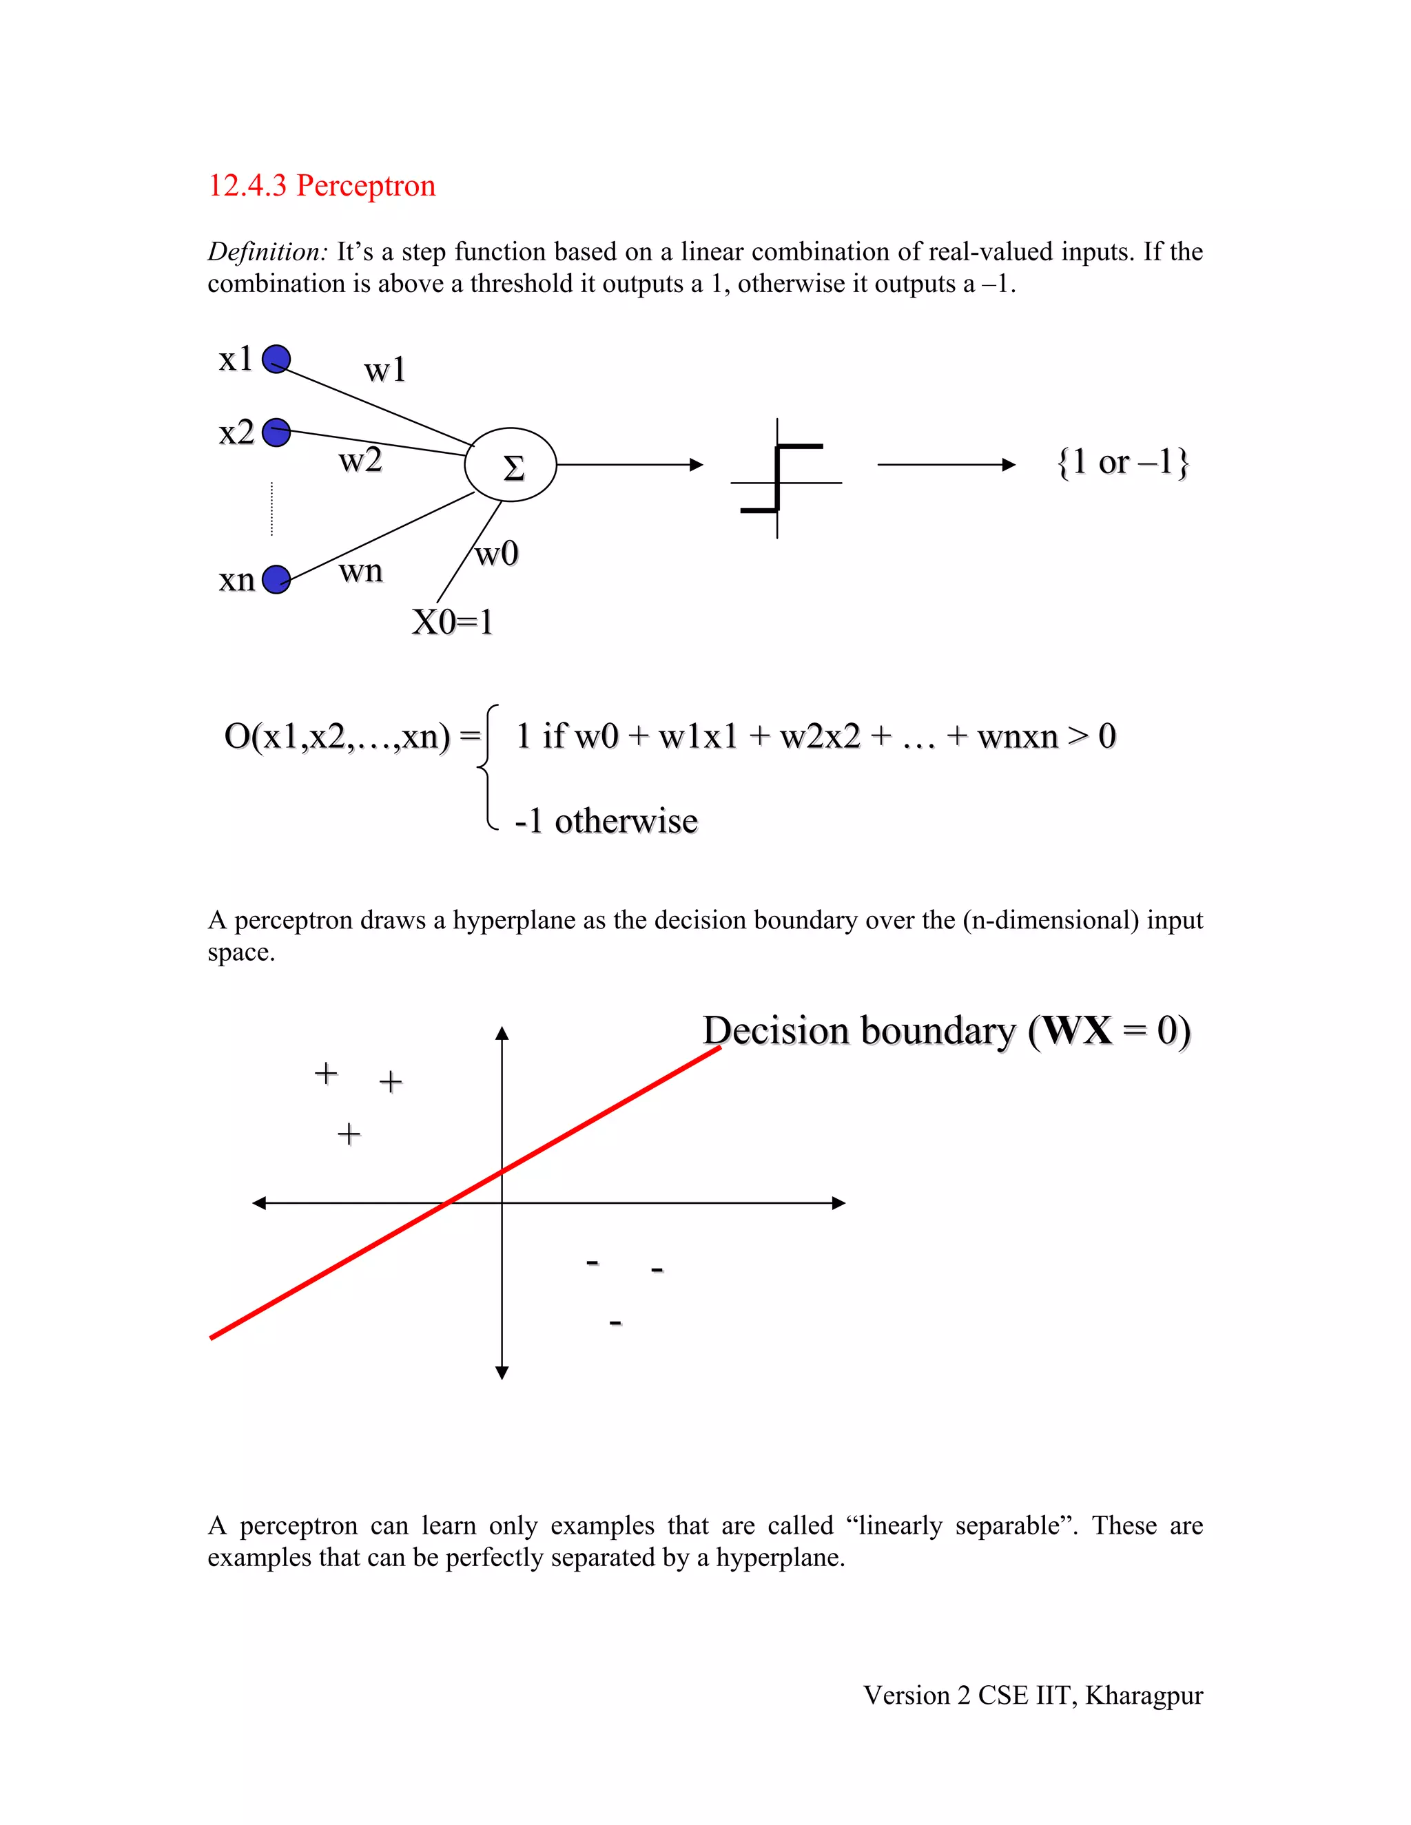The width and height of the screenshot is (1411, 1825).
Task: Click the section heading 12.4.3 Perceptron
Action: tap(322, 185)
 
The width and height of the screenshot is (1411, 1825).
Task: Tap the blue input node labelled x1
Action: tap(276, 359)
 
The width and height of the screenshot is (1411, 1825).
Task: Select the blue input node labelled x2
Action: tap(276, 433)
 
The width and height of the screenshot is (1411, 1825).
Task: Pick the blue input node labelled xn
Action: tap(276, 579)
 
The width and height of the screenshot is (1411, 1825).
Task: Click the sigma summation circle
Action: tap(511, 466)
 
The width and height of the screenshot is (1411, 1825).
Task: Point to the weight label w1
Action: tap(384, 369)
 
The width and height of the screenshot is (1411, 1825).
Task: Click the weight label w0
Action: tap(497, 553)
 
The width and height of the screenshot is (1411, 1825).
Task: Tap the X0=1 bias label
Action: tap(452, 622)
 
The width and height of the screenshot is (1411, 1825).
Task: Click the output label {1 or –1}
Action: tap(1122, 462)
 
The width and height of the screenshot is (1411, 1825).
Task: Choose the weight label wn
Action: tap(360, 572)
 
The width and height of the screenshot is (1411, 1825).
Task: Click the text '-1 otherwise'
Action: tap(606, 822)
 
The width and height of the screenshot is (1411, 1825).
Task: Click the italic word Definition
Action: tap(267, 251)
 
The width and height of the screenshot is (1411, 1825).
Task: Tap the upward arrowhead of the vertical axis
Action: tap(502, 1034)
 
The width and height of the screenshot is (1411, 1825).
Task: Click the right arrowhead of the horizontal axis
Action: tap(839, 1203)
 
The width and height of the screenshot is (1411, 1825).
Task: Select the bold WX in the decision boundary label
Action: tap(1078, 1030)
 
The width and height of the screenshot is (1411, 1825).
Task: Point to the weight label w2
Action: tap(360, 461)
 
